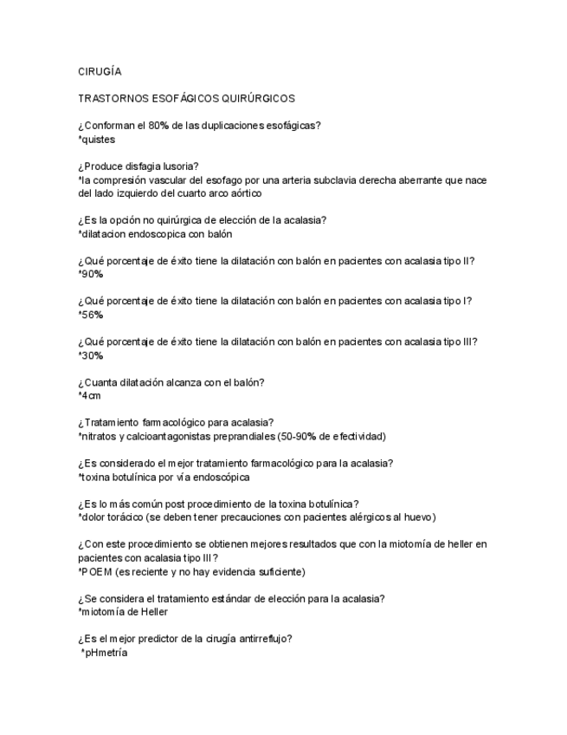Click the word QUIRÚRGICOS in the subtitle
click(259, 100)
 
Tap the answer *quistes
click(96, 139)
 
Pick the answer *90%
click(90, 274)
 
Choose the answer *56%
click(90, 315)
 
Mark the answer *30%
click(90, 355)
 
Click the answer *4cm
click(90, 396)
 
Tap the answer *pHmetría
click(103, 653)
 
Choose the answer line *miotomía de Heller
click(119, 612)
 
